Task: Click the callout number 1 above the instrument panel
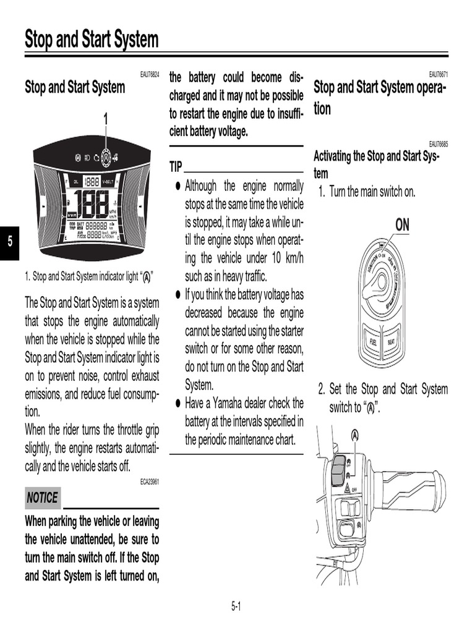pyautogui.click(x=105, y=118)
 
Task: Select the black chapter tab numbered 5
pyautogui.click(x=10, y=241)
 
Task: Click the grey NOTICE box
pyautogui.click(x=42, y=498)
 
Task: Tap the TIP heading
pyautogui.click(x=176, y=167)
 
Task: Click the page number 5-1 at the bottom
pyautogui.click(x=236, y=606)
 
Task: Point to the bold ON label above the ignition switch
pyautogui.click(x=402, y=225)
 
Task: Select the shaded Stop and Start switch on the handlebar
pyautogui.click(x=338, y=471)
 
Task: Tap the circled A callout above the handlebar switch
pyautogui.click(x=355, y=435)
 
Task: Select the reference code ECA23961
pyautogui.click(x=150, y=481)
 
